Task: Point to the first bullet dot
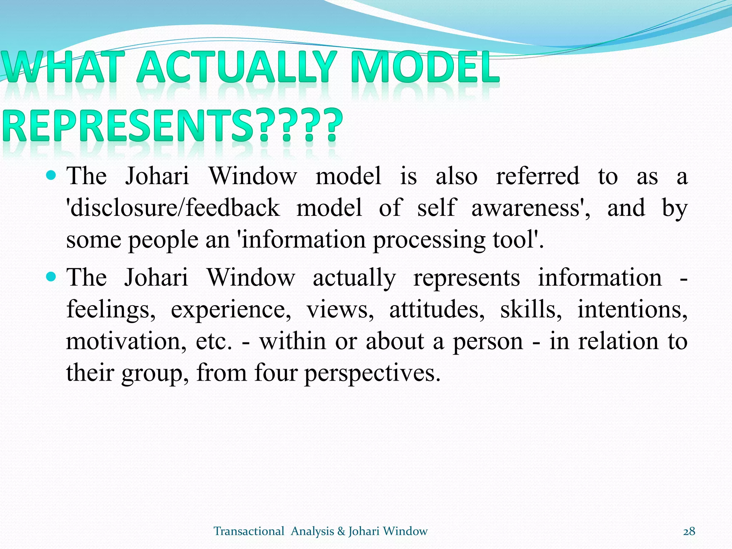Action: coord(51,175)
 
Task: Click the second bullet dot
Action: coord(51,277)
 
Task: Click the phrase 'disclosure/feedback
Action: coord(173,208)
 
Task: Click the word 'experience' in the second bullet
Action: coord(231,310)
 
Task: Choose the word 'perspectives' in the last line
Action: coord(372,373)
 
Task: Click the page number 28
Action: coord(689,531)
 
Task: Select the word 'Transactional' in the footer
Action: coord(249,531)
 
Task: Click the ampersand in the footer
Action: coord(341,531)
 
